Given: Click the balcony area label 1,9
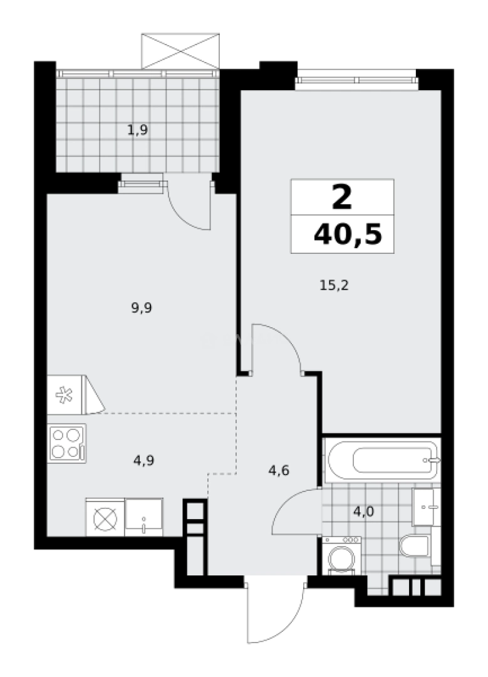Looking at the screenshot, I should (137, 130).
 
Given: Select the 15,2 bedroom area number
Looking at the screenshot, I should (334, 285).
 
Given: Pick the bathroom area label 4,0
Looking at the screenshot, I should (363, 511).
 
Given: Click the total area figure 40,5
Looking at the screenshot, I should (348, 235).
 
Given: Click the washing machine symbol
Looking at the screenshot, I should (341, 555).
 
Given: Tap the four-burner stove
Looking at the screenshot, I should (66, 443).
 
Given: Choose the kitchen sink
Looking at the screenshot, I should (143, 517).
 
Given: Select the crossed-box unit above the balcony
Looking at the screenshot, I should (180, 50).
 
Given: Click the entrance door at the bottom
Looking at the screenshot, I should (274, 611).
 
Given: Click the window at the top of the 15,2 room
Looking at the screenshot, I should (356, 79).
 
